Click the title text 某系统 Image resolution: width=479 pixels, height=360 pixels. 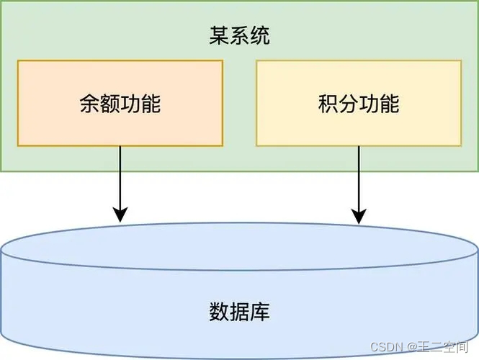coord(240,37)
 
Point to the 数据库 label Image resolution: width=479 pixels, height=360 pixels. coord(240,312)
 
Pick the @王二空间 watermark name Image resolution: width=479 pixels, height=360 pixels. coord(439,346)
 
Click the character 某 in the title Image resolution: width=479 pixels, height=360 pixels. coord(220,37)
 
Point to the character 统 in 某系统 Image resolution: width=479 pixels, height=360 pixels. coord(260,37)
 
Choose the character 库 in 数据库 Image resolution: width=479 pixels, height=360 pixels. coord(260,312)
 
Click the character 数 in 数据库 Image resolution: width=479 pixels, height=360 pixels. coord(220,312)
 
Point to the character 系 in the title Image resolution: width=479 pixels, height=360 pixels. coord(240,37)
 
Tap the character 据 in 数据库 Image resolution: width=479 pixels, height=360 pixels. coord(240,312)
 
